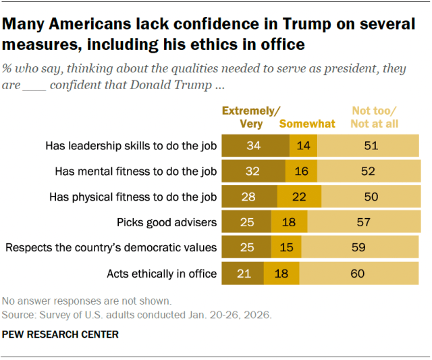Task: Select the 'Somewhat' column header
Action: [x=307, y=124]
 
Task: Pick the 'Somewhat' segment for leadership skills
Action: [x=303, y=146]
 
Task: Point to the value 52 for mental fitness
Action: [x=368, y=172]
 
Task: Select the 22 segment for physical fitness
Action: [x=299, y=197]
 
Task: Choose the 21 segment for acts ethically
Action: [x=243, y=274]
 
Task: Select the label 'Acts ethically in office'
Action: [x=162, y=274]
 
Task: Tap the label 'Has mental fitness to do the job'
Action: [x=136, y=172]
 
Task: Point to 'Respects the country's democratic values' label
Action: [x=111, y=248]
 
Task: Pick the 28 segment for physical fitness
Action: [x=250, y=197]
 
